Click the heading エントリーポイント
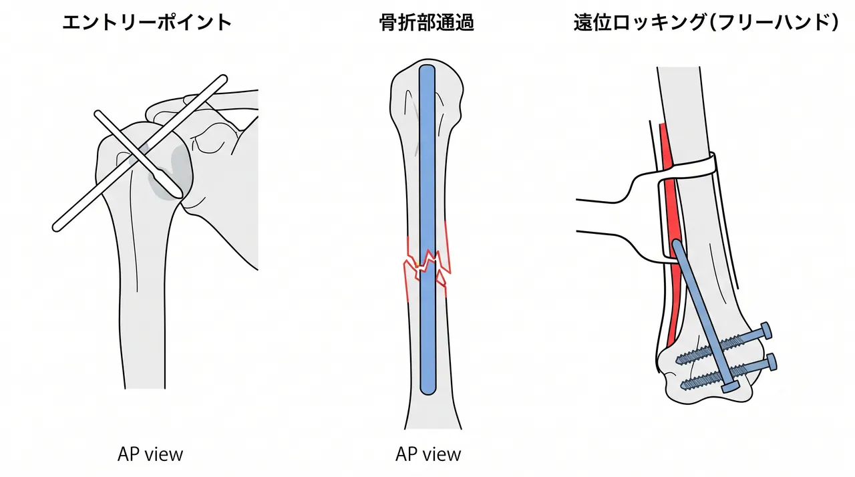[148, 22]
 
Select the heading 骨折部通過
[427, 22]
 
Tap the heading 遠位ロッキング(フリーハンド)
[707, 22]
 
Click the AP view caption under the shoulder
[150, 454]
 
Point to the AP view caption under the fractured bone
[428, 454]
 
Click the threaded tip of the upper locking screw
[679, 359]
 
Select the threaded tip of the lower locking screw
[685, 385]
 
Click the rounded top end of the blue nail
[427, 68]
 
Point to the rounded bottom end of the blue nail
[427, 391]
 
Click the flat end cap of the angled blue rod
[730, 387]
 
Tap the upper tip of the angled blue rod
[676, 243]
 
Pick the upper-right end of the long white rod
[222, 79]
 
